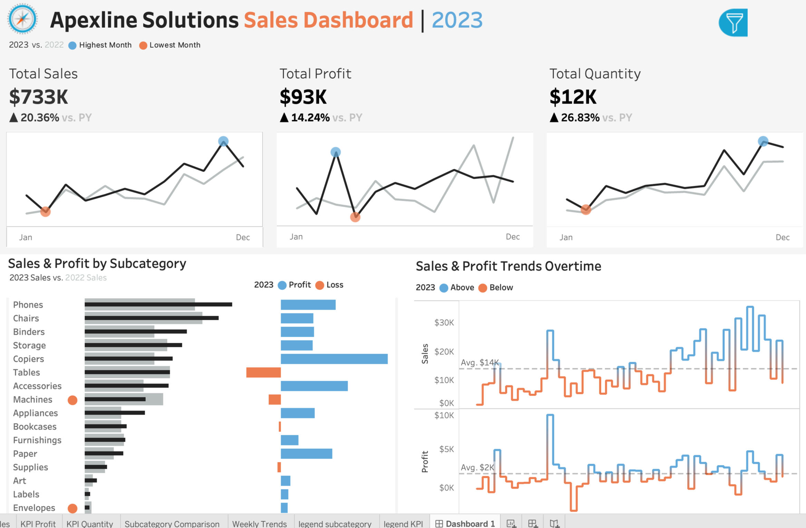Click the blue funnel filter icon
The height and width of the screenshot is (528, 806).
tap(733, 23)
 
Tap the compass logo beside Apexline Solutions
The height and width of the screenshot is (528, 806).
tap(22, 19)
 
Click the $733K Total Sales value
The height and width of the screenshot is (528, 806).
tap(38, 97)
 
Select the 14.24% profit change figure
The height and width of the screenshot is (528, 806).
tap(310, 118)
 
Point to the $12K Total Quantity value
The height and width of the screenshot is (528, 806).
tap(573, 97)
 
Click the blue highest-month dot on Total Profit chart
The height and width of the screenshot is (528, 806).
tap(336, 152)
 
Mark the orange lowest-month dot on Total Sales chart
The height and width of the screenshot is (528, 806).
tap(45, 211)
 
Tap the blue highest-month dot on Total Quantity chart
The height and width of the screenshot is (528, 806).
tap(763, 141)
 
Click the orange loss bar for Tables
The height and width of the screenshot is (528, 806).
tap(263, 373)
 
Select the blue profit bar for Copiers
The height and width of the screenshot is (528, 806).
tap(334, 359)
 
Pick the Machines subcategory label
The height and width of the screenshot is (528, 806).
tap(33, 400)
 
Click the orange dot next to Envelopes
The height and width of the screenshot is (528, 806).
tap(72, 508)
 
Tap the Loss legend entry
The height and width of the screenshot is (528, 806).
tap(334, 285)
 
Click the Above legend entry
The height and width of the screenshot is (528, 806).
tap(462, 287)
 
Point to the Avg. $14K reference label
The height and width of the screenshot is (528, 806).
tap(479, 363)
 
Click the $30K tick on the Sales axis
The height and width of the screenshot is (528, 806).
tap(444, 323)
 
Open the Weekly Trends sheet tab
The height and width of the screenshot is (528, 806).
tap(259, 524)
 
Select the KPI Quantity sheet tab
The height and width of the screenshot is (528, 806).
tap(89, 524)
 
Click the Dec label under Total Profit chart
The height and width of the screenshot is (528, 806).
tap(513, 237)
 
